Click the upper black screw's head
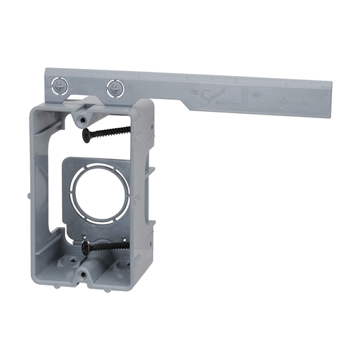pyautogui.click(x=86, y=134)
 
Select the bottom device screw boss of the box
pyautogui.click(x=83, y=274)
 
